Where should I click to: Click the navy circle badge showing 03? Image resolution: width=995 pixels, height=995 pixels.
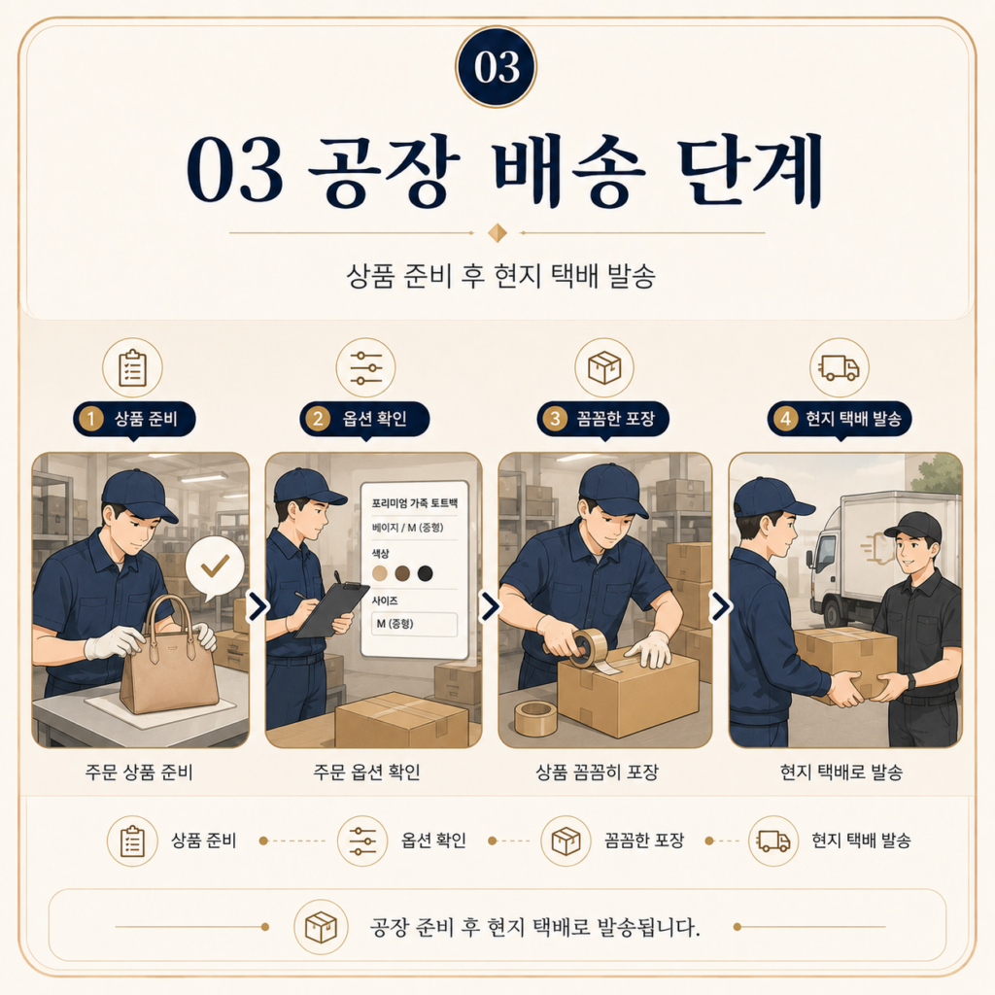click(x=497, y=67)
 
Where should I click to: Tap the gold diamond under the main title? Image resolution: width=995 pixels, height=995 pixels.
click(x=497, y=233)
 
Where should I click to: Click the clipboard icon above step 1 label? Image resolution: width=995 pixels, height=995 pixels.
click(x=132, y=368)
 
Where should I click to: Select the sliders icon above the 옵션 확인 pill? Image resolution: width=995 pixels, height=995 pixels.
click(x=366, y=368)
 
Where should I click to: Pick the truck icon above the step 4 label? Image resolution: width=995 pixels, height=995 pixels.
click(x=839, y=367)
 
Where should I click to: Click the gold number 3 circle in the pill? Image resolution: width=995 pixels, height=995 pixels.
click(x=555, y=419)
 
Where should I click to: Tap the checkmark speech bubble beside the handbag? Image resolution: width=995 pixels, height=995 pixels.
click(x=215, y=567)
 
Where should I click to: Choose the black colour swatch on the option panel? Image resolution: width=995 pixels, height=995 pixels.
click(x=426, y=573)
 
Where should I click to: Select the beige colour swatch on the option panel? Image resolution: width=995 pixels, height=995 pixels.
click(x=380, y=573)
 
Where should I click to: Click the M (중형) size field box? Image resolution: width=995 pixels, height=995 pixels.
click(x=414, y=625)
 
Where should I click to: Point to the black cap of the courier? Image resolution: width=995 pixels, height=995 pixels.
click(x=914, y=528)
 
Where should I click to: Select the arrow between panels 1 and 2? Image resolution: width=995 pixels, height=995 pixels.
click(x=257, y=606)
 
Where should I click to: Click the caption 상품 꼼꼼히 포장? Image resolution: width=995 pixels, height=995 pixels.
click(x=598, y=772)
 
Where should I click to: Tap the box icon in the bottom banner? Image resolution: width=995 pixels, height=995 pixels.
click(x=321, y=927)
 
